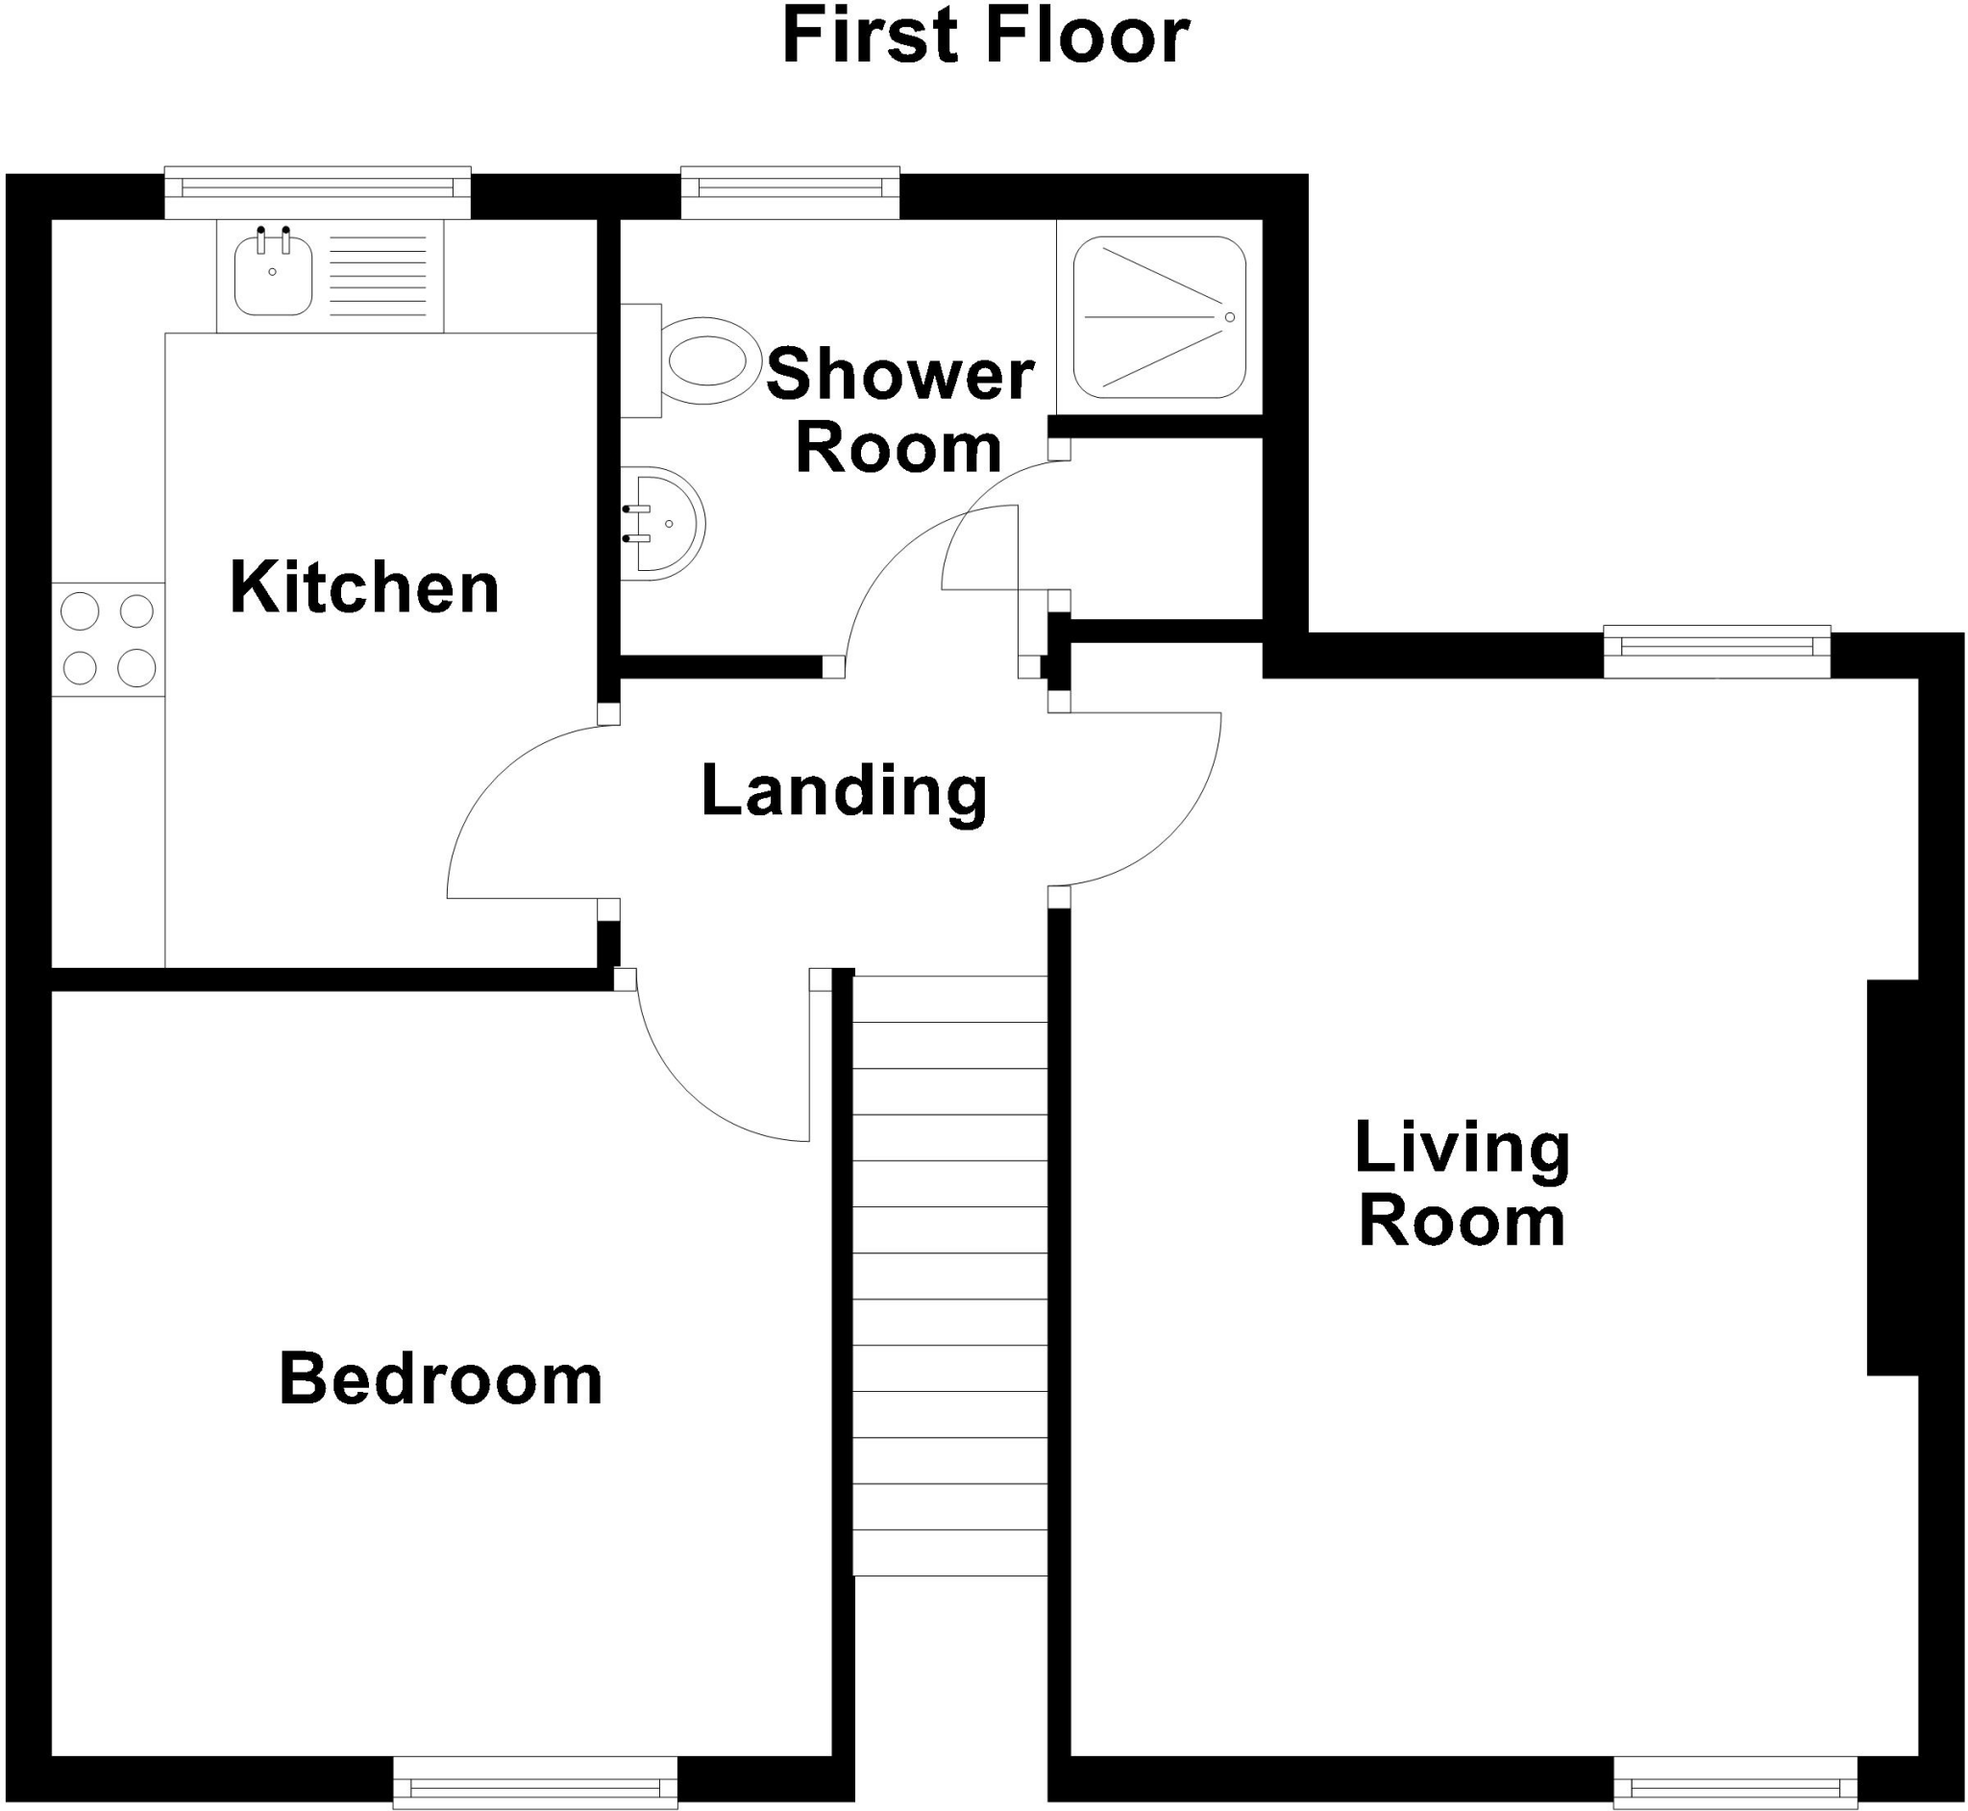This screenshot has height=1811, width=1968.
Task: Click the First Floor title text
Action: (985, 37)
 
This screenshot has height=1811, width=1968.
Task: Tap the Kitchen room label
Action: (364, 588)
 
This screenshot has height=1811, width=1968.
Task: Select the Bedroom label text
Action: (441, 1378)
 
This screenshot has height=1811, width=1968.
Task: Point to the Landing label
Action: (845, 791)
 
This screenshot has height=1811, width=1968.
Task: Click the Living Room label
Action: (1462, 1185)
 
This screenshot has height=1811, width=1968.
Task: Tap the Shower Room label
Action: (899, 411)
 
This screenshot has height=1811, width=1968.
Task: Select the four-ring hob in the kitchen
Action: (109, 639)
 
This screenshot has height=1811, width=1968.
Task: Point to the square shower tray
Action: (1159, 316)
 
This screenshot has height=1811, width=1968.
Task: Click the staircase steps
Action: (949, 1274)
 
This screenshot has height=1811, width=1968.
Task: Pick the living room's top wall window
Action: (1716, 652)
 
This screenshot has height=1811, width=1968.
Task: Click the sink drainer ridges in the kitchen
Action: (378, 276)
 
